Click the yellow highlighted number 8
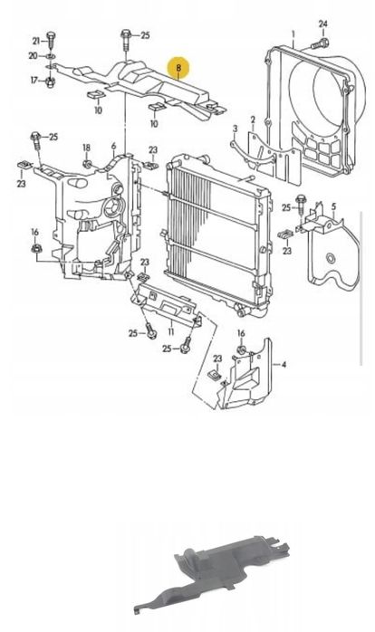click(x=179, y=68)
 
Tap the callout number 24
click(x=323, y=24)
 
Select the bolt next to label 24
click(x=320, y=43)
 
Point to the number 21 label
click(x=37, y=41)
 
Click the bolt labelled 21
click(x=51, y=40)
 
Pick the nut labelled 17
click(x=50, y=81)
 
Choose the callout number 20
click(x=34, y=55)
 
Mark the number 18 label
click(x=87, y=148)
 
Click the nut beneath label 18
click(x=86, y=164)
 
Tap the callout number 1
click(x=293, y=34)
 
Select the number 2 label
click(x=253, y=120)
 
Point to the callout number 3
click(x=236, y=129)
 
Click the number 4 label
click(x=284, y=365)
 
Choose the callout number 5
click(x=333, y=206)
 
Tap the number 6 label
click(x=113, y=146)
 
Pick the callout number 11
click(x=171, y=331)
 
